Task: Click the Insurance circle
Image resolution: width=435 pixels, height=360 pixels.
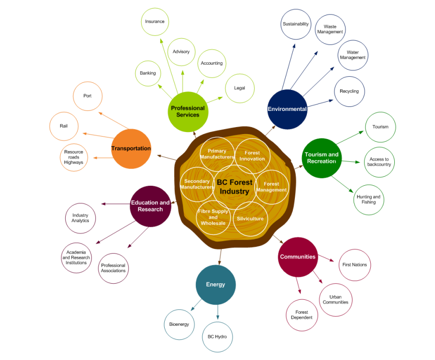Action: (x=155, y=22)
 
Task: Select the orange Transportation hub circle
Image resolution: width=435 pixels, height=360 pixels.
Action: (x=131, y=148)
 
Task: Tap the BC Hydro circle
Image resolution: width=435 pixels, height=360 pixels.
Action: (x=217, y=336)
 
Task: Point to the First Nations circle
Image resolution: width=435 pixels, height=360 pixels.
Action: (x=355, y=265)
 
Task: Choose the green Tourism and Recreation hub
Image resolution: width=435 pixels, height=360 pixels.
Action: (x=321, y=158)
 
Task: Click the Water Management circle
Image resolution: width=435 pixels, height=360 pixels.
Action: (x=353, y=55)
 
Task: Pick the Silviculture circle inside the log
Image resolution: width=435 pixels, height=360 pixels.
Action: (x=250, y=218)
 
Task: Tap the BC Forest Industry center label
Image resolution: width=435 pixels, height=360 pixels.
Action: (x=235, y=187)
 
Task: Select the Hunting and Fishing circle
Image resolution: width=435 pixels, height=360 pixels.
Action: (x=369, y=199)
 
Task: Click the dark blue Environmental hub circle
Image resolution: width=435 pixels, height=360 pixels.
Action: (x=287, y=109)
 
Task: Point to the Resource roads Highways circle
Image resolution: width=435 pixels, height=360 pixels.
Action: (x=74, y=157)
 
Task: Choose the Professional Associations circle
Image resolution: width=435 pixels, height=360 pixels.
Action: (x=114, y=268)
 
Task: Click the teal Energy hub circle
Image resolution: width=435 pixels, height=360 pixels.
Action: (x=215, y=285)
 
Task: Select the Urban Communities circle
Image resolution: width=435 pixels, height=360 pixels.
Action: (x=336, y=299)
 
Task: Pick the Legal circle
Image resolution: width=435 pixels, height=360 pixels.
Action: (x=240, y=88)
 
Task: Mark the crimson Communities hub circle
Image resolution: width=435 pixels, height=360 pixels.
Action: (x=298, y=257)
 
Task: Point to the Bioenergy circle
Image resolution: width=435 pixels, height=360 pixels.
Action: (x=179, y=324)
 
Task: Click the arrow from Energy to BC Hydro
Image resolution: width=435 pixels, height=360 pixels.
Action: (x=217, y=311)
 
